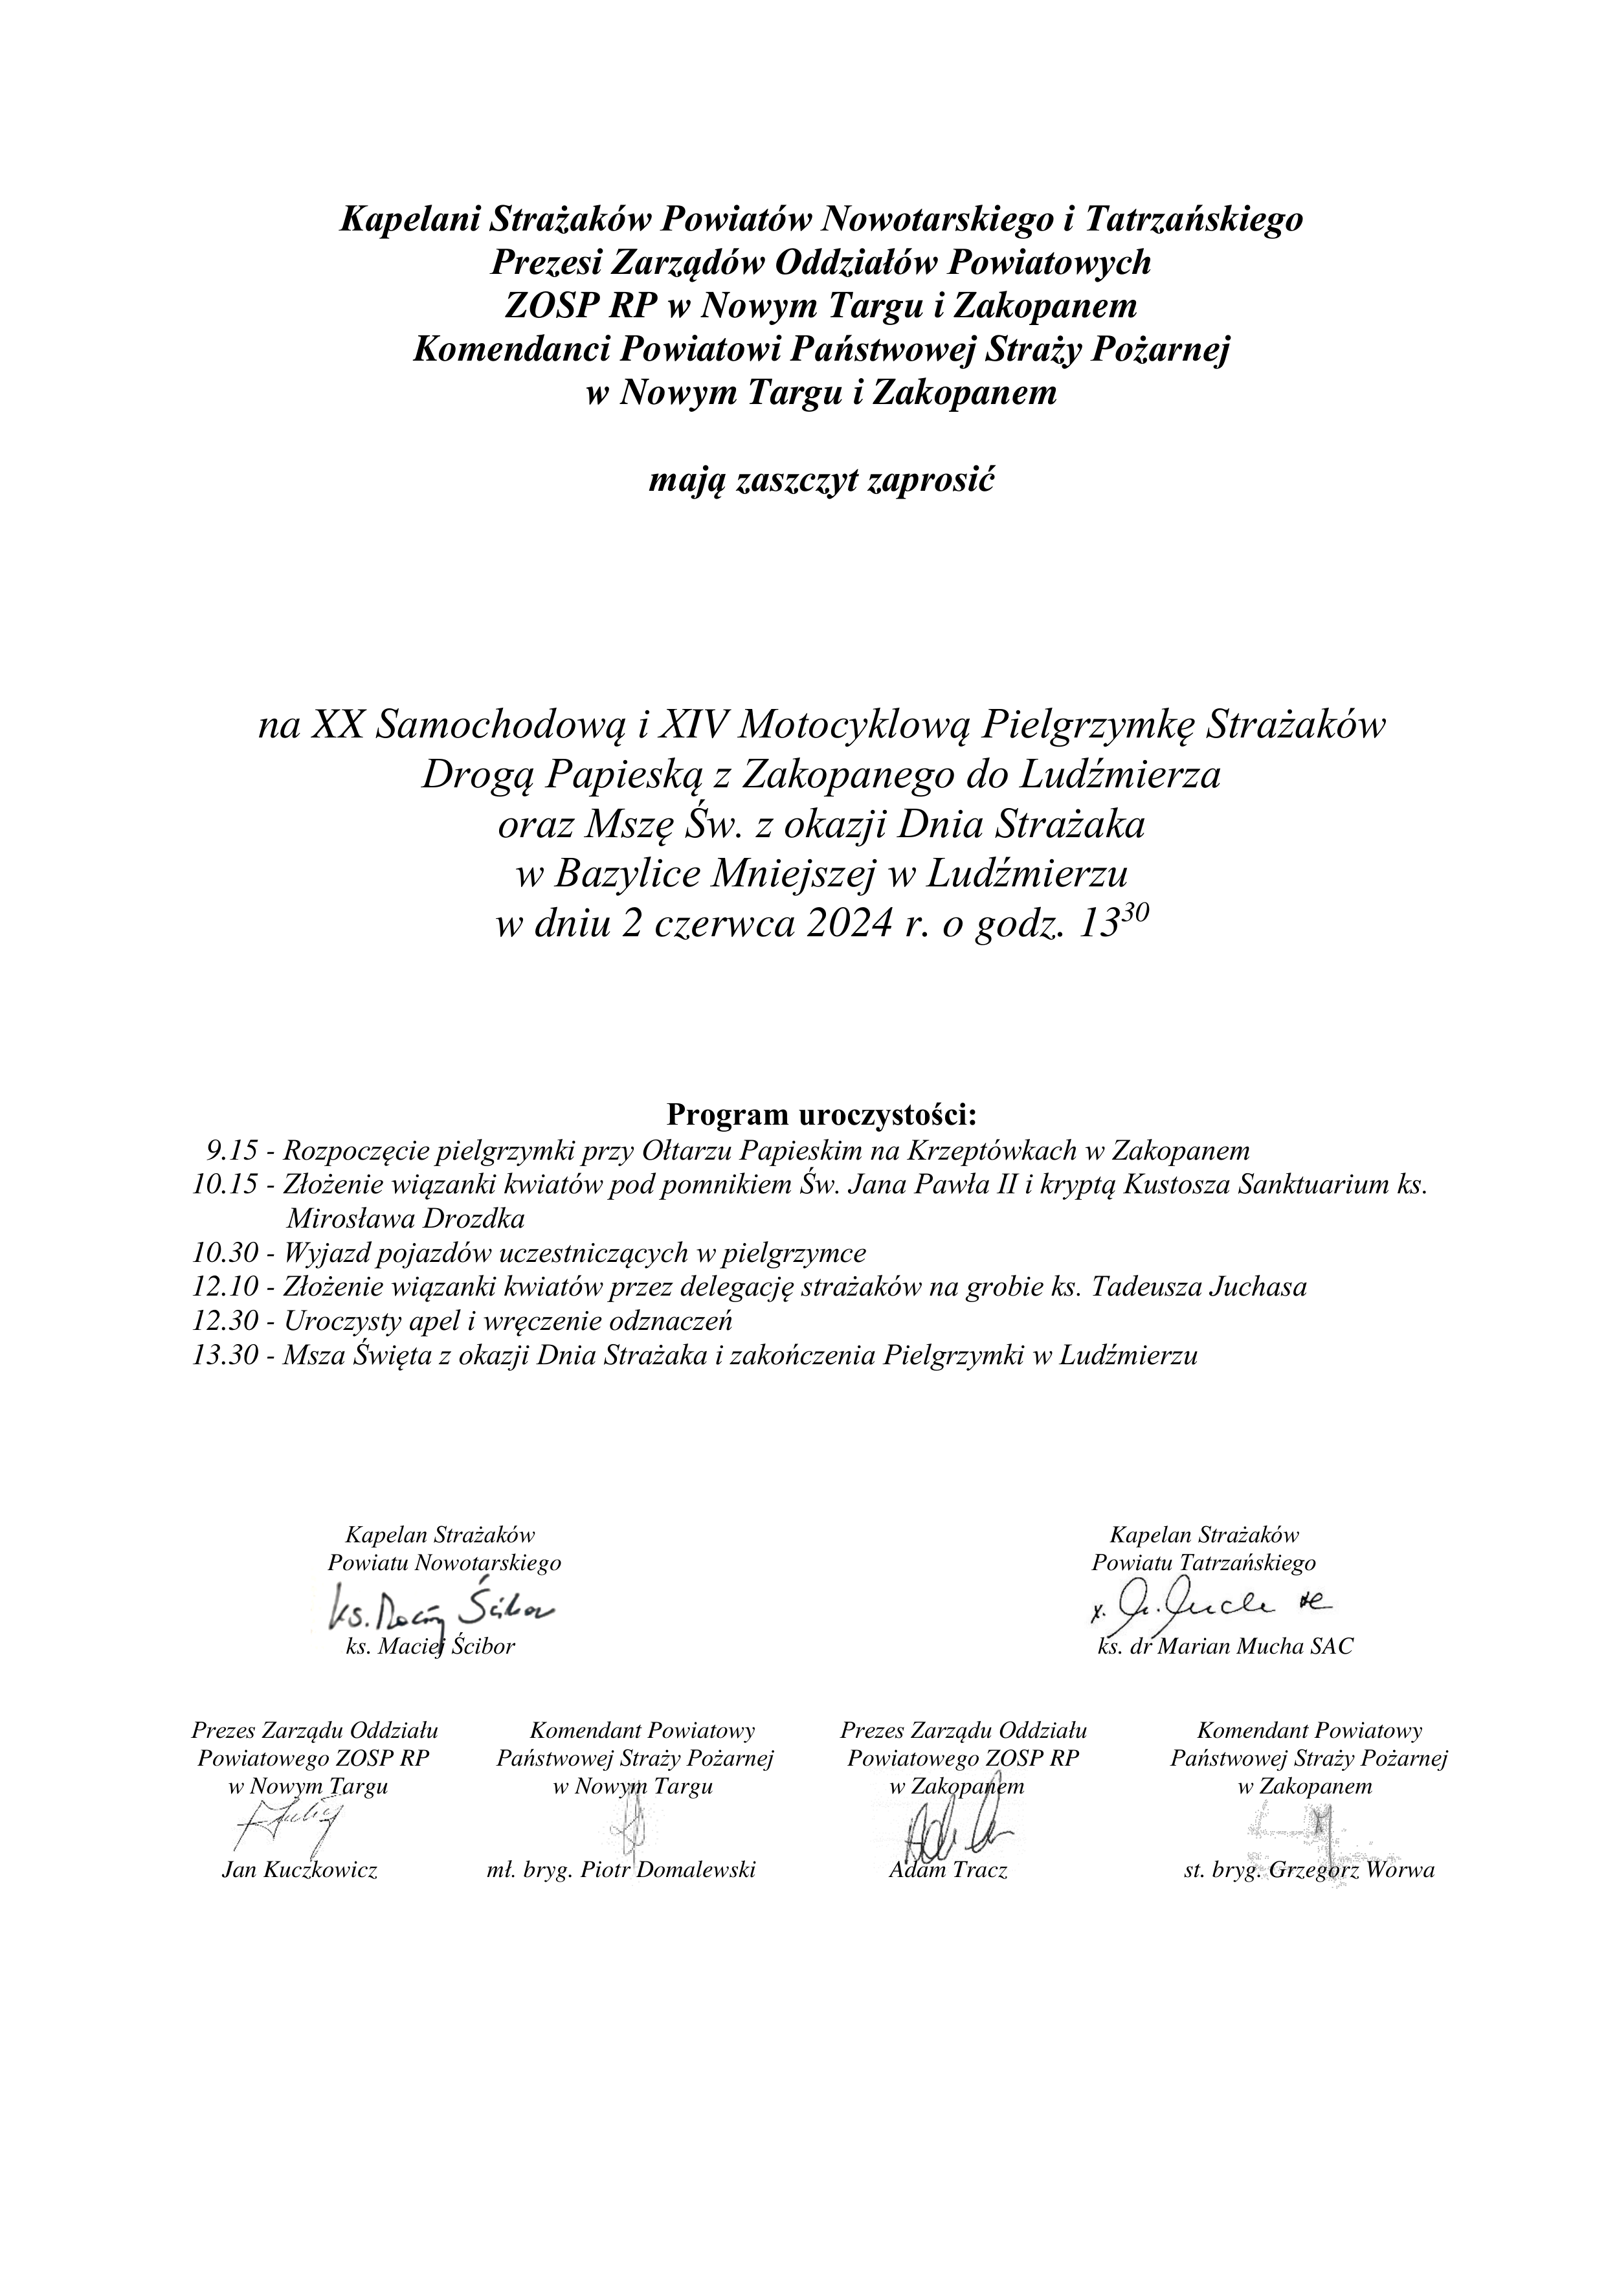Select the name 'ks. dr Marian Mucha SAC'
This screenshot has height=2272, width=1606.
[1225, 1647]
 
